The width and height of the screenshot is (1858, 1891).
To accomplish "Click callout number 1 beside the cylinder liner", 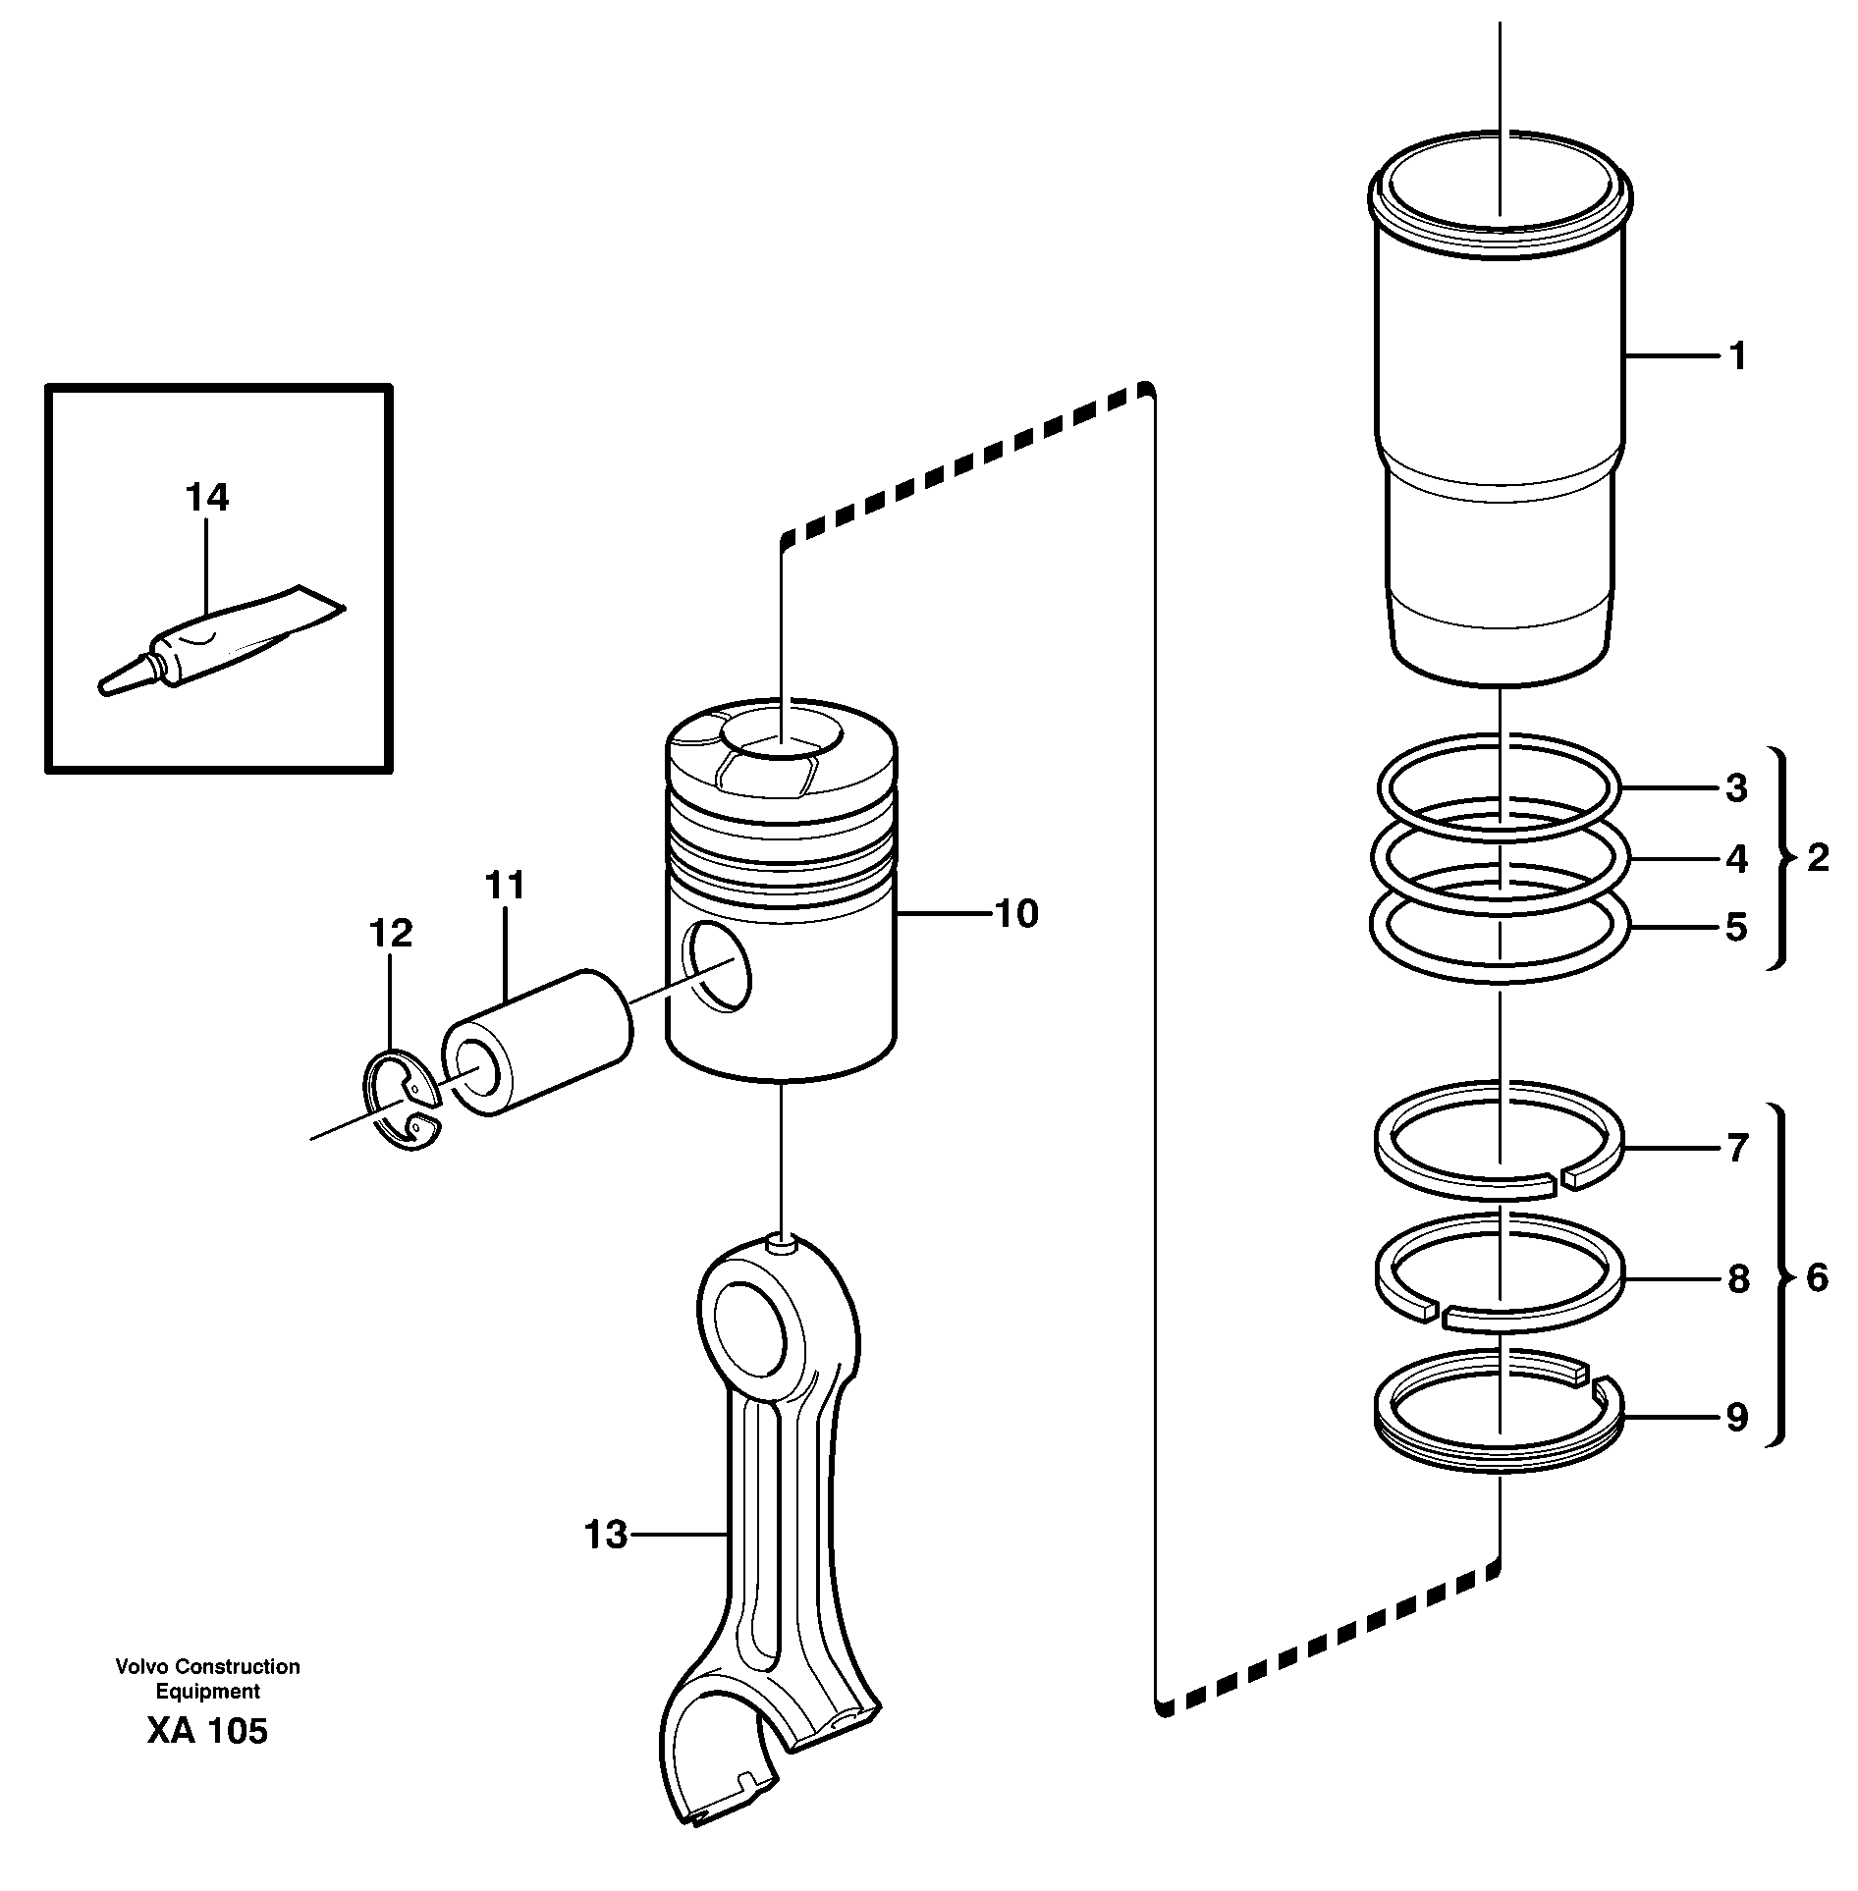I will pyautogui.click(x=1737, y=356).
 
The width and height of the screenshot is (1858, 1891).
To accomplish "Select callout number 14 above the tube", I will pyautogui.click(x=207, y=498).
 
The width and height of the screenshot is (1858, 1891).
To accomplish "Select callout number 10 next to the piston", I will pyautogui.click(x=1016, y=914).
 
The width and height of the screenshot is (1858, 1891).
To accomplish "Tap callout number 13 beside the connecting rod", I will pyautogui.click(x=605, y=1534).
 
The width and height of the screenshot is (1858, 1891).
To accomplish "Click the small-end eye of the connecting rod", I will pyautogui.click(x=750, y=1326).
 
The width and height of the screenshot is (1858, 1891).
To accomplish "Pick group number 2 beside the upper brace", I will pyautogui.click(x=1818, y=858).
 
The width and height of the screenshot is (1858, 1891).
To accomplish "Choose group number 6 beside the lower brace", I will pyautogui.click(x=1818, y=1278).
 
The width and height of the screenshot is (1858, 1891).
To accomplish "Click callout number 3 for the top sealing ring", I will pyautogui.click(x=1736, y=788).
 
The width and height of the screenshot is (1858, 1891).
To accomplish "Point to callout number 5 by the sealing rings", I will pyautogui.click(x=1736, y=928).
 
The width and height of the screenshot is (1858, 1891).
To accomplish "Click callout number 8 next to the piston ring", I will pyautogui.click(x=1737, y=1279).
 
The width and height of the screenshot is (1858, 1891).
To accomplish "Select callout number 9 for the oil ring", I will pyautogui.click(x=1736, y=1418).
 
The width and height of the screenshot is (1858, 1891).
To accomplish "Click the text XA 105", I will pyautogui.click(x=207, y=1758).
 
